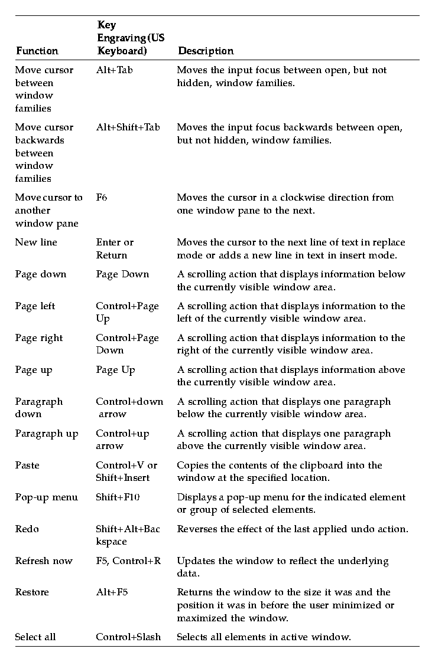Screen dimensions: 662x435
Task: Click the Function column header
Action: coord(37,51)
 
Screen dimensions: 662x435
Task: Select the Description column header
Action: coord(206,51)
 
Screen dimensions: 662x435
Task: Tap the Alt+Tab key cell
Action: coord(115,70)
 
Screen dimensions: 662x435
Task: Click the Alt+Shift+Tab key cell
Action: coord(128,127)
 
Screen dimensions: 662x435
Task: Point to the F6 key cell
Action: coord(102,198)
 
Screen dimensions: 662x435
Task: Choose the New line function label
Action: coord(36,242)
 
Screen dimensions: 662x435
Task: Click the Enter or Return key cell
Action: coord(115,248)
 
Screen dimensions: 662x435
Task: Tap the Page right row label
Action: coord(38,338)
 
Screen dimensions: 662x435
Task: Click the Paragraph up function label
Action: coord(47,434)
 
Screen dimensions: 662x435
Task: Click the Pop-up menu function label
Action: coord(47,497)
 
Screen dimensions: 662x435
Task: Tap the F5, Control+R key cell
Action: coord(128,561)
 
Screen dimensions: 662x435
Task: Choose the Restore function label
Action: coord(32,592)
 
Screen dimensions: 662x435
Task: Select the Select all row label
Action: coord(35,637)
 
